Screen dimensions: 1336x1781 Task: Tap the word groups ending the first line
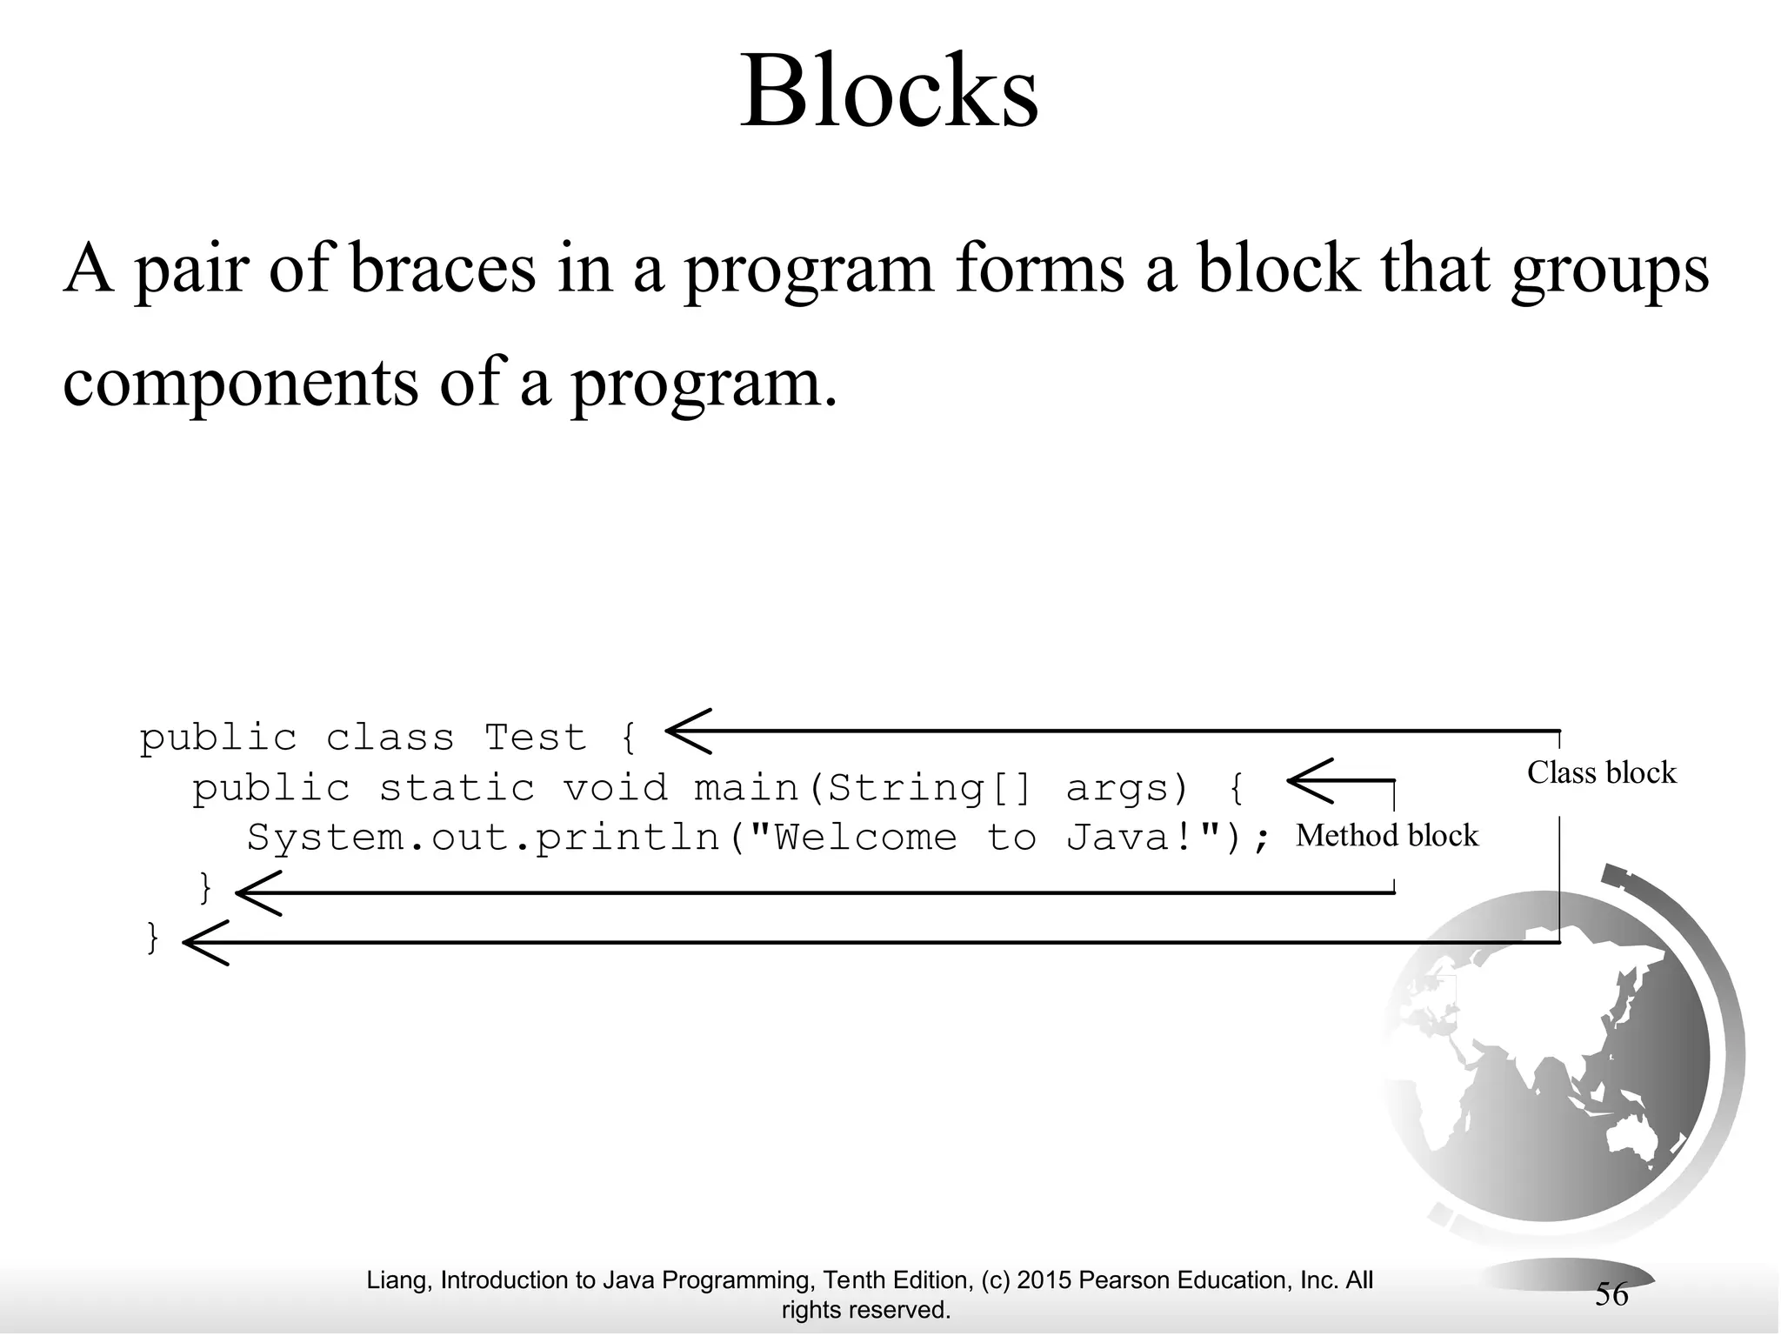click(x=1610, y=270)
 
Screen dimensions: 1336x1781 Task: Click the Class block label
click(x=1601, y=772)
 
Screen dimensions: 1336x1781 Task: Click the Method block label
click(x=1386, y=836)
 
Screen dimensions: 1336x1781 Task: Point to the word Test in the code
click(x=535, y=738)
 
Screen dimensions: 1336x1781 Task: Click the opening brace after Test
click(x=629, y=738)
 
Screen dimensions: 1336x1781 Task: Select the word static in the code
click(x=457, y=788)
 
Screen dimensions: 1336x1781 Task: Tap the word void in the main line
click(x=615, y=788)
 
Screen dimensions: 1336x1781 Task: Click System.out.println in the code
click(x=484, y=838)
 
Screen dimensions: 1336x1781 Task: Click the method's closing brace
click(x=206, y=888)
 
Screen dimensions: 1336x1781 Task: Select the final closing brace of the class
click(x=153, y=938)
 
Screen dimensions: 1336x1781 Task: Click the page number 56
click(x=1611, y=1294)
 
